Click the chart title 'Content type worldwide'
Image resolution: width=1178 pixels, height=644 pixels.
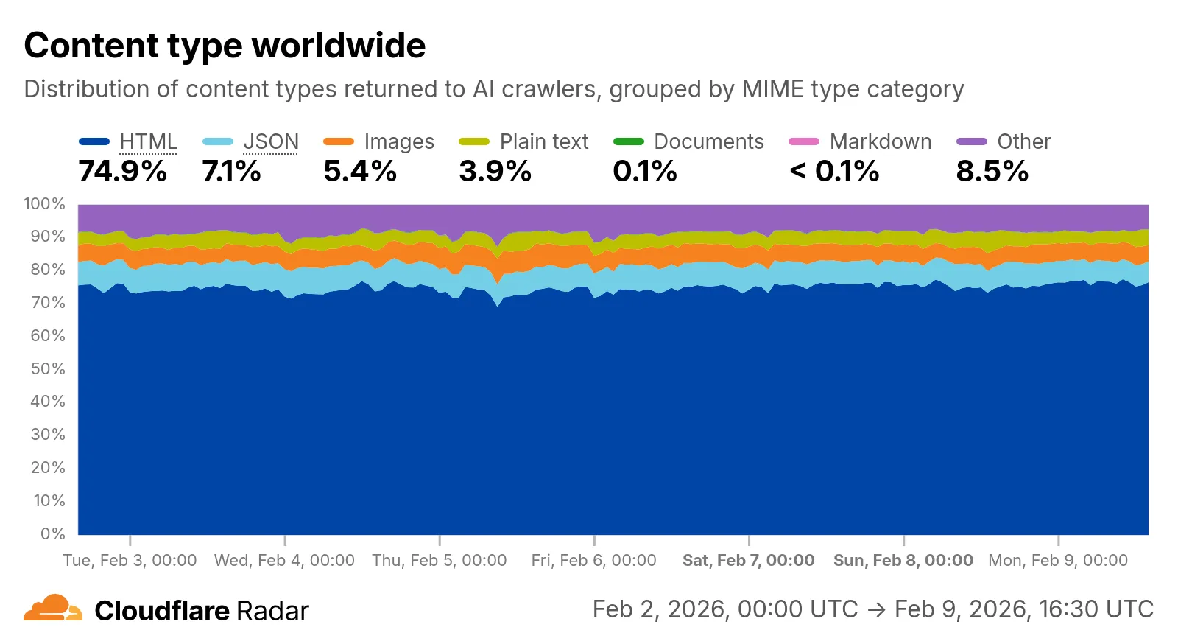coord(225,46)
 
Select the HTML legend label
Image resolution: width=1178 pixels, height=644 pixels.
coord(148,141)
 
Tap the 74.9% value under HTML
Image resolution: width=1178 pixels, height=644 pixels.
coord(122,172)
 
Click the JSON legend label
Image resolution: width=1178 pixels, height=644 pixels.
coord(271,141)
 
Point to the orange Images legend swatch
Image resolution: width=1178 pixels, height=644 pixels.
coord(338,141)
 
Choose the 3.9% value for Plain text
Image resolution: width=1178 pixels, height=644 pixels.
coord(495,172)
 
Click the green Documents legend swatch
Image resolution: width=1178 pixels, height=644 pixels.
coord(628,141)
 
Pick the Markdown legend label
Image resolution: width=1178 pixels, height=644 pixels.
coord(880,141)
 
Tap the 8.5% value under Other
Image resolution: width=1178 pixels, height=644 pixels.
coord(992,172)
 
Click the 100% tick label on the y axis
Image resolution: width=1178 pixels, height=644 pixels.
coord(45,204)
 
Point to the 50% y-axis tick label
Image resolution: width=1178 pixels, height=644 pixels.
coord(48,368)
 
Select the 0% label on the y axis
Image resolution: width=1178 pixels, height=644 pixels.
coord(53,533)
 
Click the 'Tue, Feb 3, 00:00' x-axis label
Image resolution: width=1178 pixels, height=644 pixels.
coord(130,560)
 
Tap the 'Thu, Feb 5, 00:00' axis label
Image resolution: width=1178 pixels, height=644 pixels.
coord(440,560)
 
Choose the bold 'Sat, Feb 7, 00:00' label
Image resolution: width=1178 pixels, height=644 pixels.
coord(748,560)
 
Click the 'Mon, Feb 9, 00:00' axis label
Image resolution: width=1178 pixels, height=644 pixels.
coord(1057,560)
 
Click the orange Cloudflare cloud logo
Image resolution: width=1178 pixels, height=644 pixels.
coord(52,609)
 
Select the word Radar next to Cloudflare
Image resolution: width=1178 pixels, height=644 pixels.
coord(272,611)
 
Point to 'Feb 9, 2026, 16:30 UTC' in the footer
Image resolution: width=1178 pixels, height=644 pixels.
coord(1023,609)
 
